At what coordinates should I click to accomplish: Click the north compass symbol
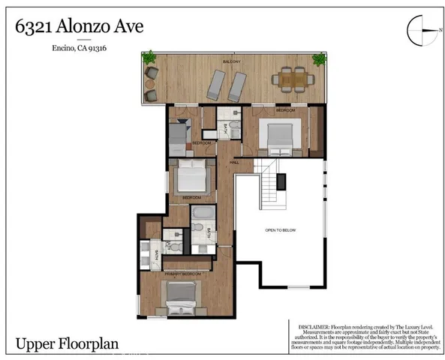click(421, 31)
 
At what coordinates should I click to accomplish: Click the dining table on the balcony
click(289, 77)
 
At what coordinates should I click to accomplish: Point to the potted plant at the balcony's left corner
click(149, 57)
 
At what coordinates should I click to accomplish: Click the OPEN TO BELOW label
click(280, 230)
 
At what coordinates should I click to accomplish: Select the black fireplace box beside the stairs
click(281, 182)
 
